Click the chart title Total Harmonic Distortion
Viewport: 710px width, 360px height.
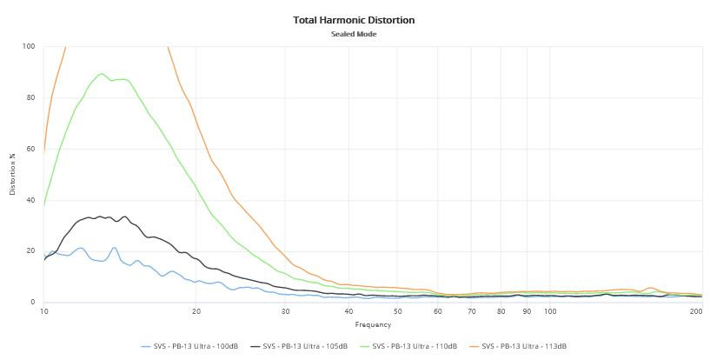point(355,19)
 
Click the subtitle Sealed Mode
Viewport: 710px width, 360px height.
point(355,34)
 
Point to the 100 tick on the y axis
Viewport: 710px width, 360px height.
point(29,46)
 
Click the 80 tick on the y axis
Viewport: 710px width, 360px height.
point(30,97)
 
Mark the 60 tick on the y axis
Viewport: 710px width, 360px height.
point(30,149)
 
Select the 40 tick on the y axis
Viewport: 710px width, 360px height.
point(30,200)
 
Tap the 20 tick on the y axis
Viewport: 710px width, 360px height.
point(30,251)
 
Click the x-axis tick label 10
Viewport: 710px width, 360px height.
point(43,311)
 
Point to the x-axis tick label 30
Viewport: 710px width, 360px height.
point(286,311)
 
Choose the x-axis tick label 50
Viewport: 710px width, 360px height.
point(397,311)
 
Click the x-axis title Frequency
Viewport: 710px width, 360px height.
point(373,324)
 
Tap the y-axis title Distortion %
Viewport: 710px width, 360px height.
point(13,175)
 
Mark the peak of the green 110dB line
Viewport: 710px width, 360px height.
point(103,74)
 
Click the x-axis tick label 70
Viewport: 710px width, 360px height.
point(471,311)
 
